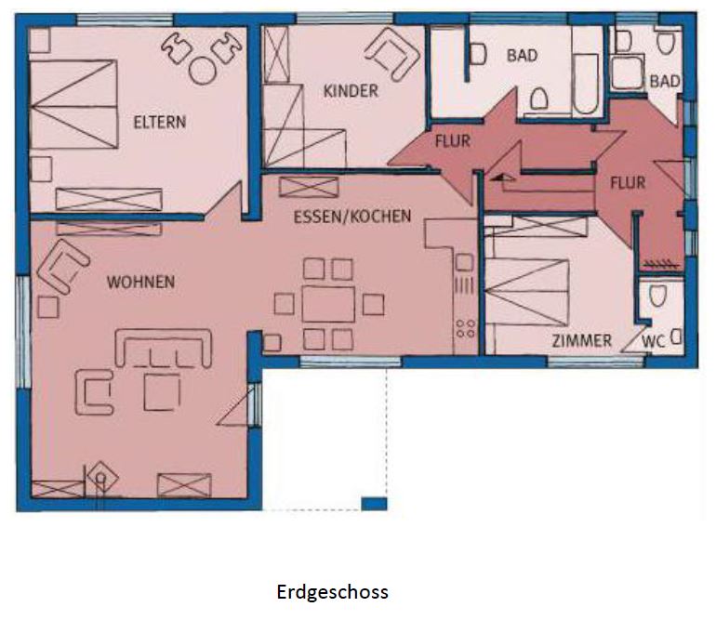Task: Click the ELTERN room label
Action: [x=160, y=123]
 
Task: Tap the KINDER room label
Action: [x=351, y=91]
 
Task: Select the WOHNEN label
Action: [x=140, y=282]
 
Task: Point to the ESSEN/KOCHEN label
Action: [x=352, y=216]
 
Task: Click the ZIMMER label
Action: [x=581, y=340]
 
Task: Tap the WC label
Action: [x=653, y=341]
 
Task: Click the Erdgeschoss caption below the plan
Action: [x=333, y=592]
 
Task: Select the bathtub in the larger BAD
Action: [x=586, y=83]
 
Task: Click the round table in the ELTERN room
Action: [x=203, y=71]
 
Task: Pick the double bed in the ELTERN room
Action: [x=74, y=104]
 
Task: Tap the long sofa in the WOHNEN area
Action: [x=163, y=348]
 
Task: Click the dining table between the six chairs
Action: [x=328, y=304]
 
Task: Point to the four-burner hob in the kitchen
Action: [x=465, y=328]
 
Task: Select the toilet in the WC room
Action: [x=658, y=296]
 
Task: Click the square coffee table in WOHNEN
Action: [x=162, y=392]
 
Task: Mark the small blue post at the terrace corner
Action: [x=374, y=504]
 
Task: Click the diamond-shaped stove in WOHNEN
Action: [x=102, y=478]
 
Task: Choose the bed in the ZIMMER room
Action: [x=527, y=292]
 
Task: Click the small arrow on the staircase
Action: [x=502, y=178]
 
